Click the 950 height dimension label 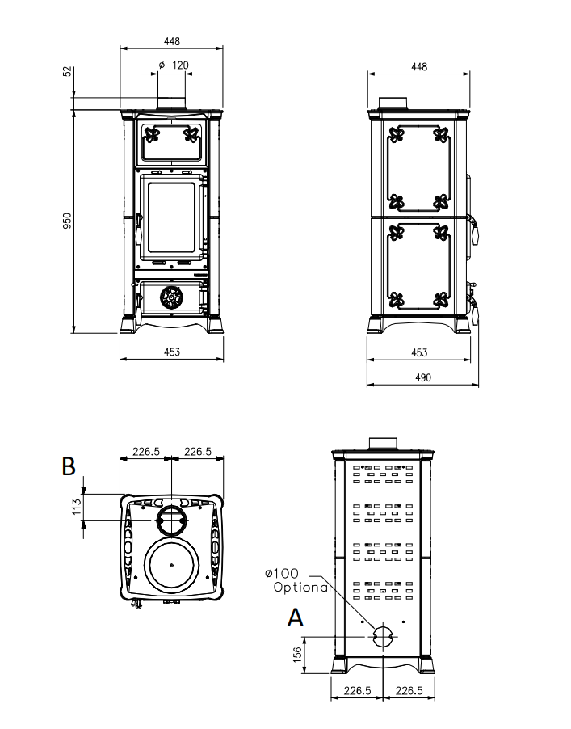click(x=68, y=221)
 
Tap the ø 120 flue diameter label click(x=174, y=65)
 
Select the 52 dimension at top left click(x=68, y=71)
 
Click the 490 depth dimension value click(x=422, y=377)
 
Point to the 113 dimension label click(x=77, y=507)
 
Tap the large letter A click(x=296, y=618)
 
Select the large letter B click(x=69, y=466)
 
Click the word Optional click(x=302, y=588)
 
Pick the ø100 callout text click(x=282, y=573)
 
